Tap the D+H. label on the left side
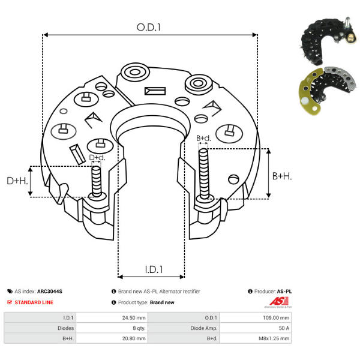point(17,181)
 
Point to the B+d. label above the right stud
point(204,139)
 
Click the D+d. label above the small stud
point(97,158)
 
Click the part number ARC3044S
point(50,291)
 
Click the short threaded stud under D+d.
point(95,182)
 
